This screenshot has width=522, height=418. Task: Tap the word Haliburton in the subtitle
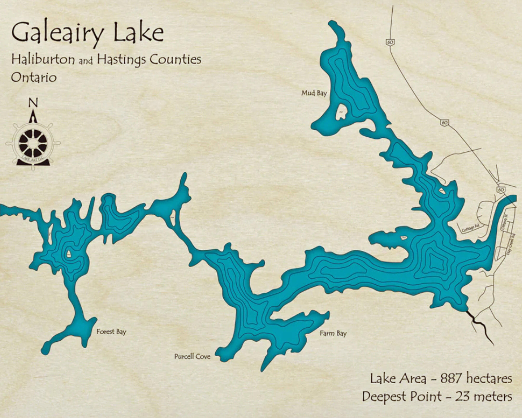[43, 59]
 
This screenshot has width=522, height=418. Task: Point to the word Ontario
[34, 77]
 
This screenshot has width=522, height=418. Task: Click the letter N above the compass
[33, 103]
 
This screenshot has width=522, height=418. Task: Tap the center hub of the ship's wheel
[33, 143]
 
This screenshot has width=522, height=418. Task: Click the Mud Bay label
[314, 93]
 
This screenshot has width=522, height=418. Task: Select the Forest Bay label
[111, 332]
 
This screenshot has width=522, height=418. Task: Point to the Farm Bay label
[333, 333]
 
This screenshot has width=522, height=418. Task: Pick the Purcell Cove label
[192, 357]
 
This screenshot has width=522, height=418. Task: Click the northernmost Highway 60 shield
[390, 42]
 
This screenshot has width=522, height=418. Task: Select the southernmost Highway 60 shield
[500, 189]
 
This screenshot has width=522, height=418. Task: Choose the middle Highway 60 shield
[444, 122]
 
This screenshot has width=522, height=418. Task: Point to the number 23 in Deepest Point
[463, 397]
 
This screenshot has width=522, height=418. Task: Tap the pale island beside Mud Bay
[341, 112]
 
